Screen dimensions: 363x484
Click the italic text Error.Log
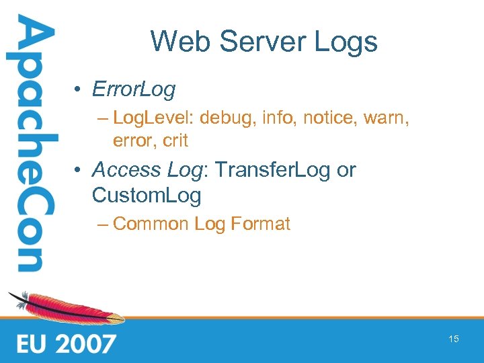pos(134,89)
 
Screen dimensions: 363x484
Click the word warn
pos(389,120)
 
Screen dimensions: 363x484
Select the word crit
pos(175,141)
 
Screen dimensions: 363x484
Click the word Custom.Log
pos(147,196)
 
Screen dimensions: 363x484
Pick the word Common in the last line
pos(151,224)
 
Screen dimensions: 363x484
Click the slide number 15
pos(454,339)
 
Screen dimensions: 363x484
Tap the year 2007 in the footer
pos(85,344)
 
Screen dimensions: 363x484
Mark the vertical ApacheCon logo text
pos(31,145)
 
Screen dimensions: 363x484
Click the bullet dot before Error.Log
pos(79,89)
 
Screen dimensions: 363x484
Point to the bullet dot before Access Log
pos(79,171)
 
